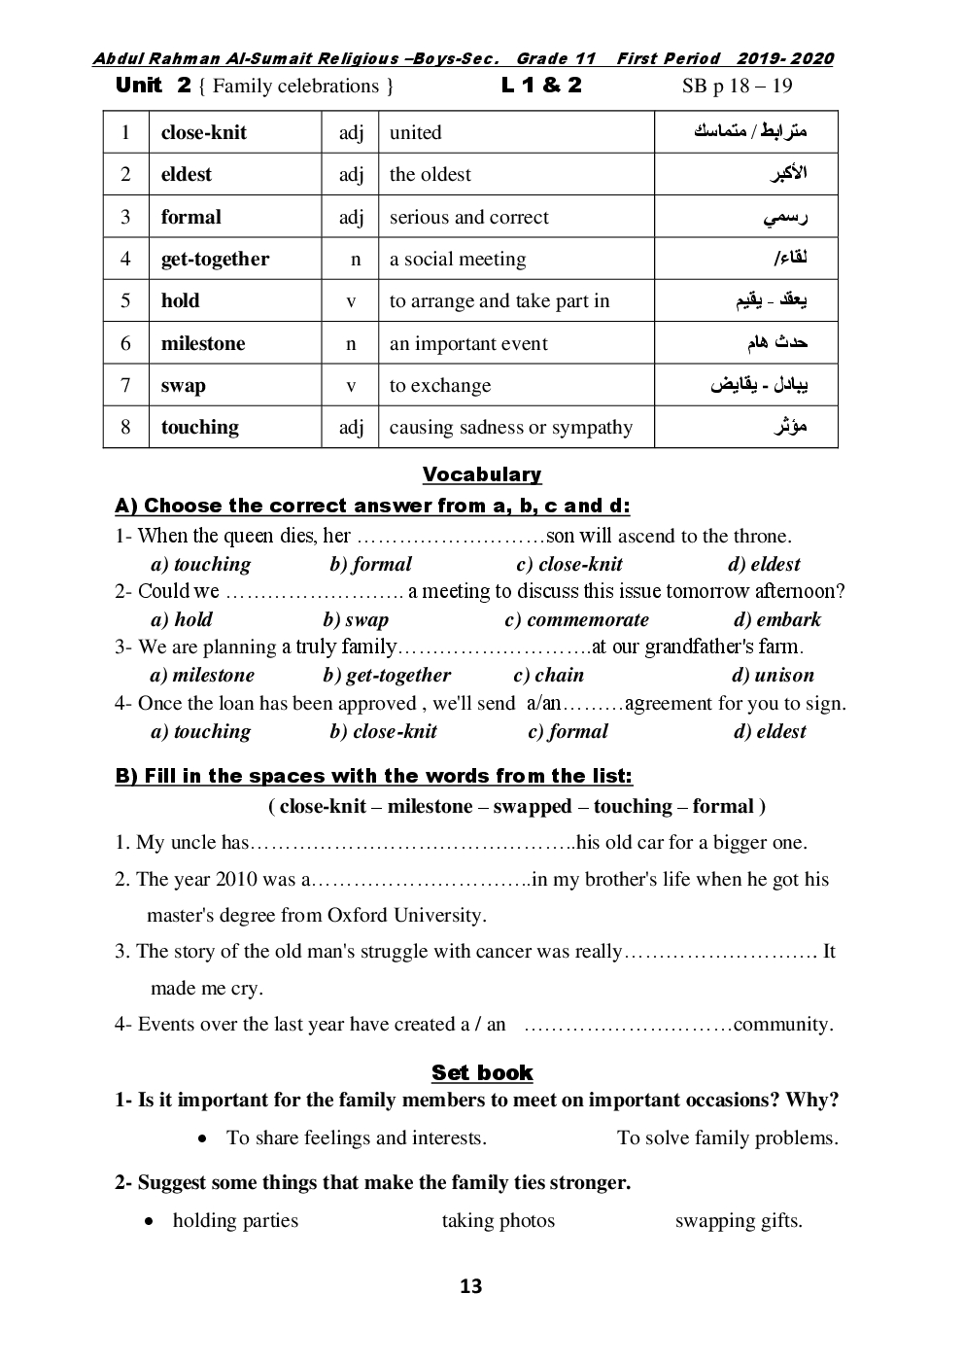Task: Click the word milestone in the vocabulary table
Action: click(x=203, y=343)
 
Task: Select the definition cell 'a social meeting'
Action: click(x=458, y=260)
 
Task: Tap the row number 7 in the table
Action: click(x=125, y=385)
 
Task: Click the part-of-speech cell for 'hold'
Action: click(x=351, y=301)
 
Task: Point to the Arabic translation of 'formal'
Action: click(x=785, y=218)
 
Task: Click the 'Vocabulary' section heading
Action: click(x=482, y=474)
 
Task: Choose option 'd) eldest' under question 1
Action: click(x=764, y=565)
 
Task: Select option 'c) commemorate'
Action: click(x=576, y=620)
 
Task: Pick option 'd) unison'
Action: click(x=773, y=676)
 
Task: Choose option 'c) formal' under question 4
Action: click(x=568, y=732)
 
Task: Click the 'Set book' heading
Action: click(x=482, y=1073)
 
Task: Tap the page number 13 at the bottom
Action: click(x=470, y=1287)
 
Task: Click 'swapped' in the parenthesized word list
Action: click(x=533, y=807)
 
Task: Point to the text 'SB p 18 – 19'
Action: click(x=737, y=86)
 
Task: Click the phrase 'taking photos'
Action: click(x=499, y=1221)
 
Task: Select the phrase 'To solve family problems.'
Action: click(x=727, y=1138)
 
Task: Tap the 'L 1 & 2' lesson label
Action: click(x=541, y=86)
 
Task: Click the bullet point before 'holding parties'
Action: click(x=149, y=1221)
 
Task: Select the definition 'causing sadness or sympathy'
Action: click(x=511, y=428)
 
